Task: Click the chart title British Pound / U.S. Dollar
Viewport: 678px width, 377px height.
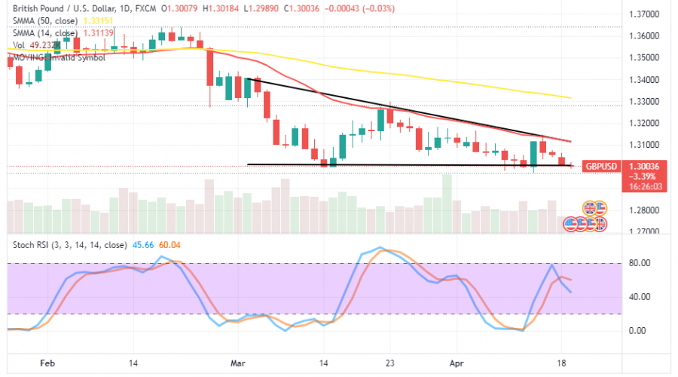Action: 57,8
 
